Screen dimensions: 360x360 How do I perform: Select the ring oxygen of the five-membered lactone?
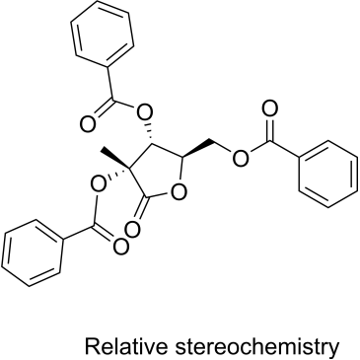click(179, 191)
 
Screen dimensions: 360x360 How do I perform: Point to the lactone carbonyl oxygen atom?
click(133, 229)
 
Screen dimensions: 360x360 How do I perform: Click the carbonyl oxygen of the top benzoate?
click(88, 124)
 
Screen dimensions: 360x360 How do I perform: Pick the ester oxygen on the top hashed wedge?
click(145, 113)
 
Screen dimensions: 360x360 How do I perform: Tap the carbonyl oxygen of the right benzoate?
click(269, 108)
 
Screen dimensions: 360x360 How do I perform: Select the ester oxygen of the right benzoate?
click(241, 158)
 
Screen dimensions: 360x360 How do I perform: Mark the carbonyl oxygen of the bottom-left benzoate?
click(120, 246)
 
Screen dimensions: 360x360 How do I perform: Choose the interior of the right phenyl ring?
click(328, 174)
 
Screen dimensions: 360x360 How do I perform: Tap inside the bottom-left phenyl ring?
click(32, 252)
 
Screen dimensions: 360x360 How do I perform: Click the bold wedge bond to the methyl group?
click(114, 159)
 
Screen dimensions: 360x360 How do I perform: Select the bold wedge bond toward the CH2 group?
click(198, 150)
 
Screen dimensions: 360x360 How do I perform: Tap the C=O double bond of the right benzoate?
click(269, 129)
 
